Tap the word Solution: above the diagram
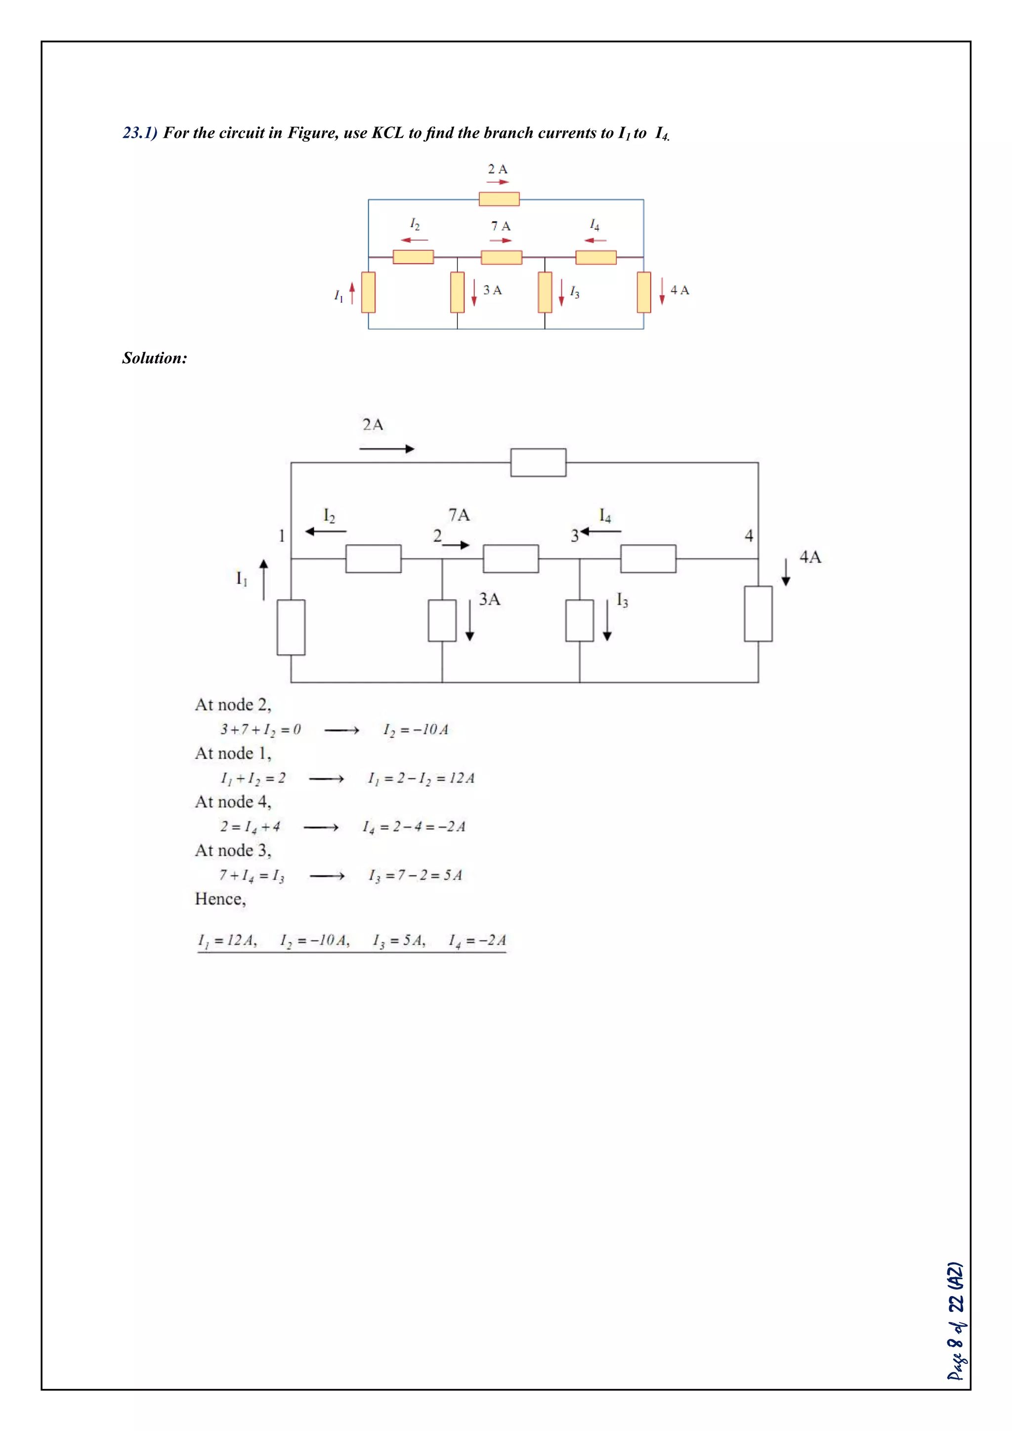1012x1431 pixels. click(155, 358)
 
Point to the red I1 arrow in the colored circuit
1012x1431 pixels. click(352, 293)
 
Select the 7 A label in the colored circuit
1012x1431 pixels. click(501, 226)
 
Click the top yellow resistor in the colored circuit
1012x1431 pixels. click(499, 199)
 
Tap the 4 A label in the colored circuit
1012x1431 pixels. click(679, 290)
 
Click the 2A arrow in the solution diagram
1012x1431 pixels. click(386, 448)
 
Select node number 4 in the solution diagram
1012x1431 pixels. click(749, 535)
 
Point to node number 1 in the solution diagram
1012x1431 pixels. click(282, 535)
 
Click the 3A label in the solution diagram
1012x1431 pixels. click(490, 599)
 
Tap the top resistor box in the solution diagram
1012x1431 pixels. click(539, 463)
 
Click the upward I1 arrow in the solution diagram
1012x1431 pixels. click(263, 580)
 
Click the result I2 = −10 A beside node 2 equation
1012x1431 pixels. click(416, 730)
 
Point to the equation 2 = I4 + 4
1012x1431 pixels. click(251, 827)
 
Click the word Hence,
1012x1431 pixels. click(220, 899)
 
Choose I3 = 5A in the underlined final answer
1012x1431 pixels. click(399, 940)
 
